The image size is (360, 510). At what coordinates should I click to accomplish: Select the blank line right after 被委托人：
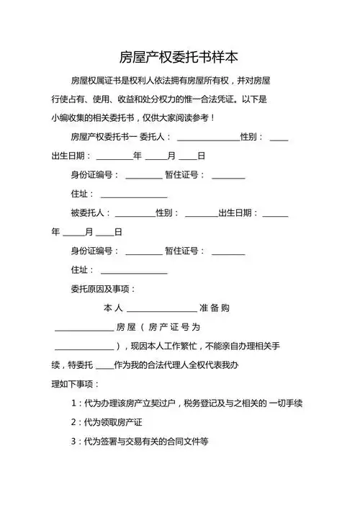click(x=135, y=214)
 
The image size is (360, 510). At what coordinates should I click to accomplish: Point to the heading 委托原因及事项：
click(x=103, y=289)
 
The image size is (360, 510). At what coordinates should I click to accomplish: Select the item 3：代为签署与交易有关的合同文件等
click(x=139, y=441)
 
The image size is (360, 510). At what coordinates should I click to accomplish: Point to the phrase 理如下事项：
click(x=76, y=384)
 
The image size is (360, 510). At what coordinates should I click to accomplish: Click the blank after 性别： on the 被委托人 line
click(x=201, y=214)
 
